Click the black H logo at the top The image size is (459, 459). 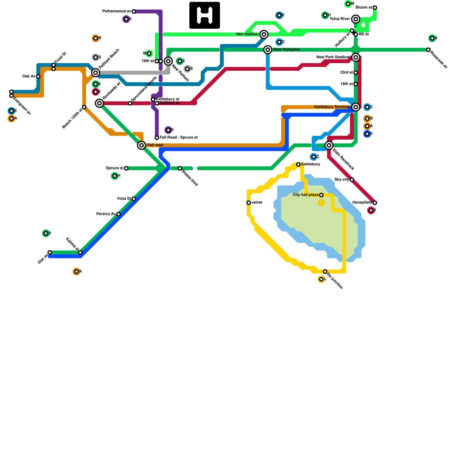coord(205,15)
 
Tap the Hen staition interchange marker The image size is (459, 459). coord(264,34)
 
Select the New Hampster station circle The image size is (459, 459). coord(268,50)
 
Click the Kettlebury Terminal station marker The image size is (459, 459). coord(356,107)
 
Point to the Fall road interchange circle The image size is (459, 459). coord(141,145)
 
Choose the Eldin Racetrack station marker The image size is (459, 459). coord(329,145)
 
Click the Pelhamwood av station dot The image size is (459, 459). coord(134,11)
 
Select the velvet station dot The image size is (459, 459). coord(248,203)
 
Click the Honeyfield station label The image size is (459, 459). coord(362,203)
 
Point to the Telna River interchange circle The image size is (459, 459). coord(356,19)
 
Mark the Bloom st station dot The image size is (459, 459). coord(375,7)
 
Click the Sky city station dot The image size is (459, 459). coord(352,180)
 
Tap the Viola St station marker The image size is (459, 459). coord(134,199)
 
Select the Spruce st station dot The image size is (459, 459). coord(126,168)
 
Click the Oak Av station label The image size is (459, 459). coord(29,76)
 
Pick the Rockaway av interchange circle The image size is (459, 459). coord(100,103)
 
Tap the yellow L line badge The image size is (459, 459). coord(321,279)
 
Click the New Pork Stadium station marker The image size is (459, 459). coord(356,57)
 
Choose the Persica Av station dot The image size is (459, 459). coord(118,214)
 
